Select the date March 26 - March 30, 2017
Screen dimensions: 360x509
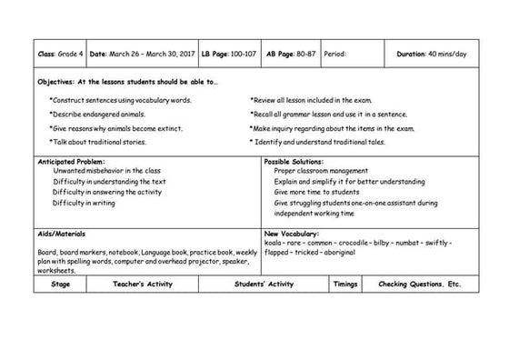point(142,54)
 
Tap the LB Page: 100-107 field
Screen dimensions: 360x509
point(229,54)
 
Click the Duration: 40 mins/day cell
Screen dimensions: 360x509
point(432,54)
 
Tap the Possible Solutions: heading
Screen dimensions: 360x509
point(294,162)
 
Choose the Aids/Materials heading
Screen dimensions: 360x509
point(61,234)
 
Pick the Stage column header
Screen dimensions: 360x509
point(61,285)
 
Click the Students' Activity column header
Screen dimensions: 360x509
point(263,285)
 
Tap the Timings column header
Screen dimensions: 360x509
point(345,285)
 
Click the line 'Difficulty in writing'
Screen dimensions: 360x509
point(84,203)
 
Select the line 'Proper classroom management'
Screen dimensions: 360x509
point(320,171)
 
